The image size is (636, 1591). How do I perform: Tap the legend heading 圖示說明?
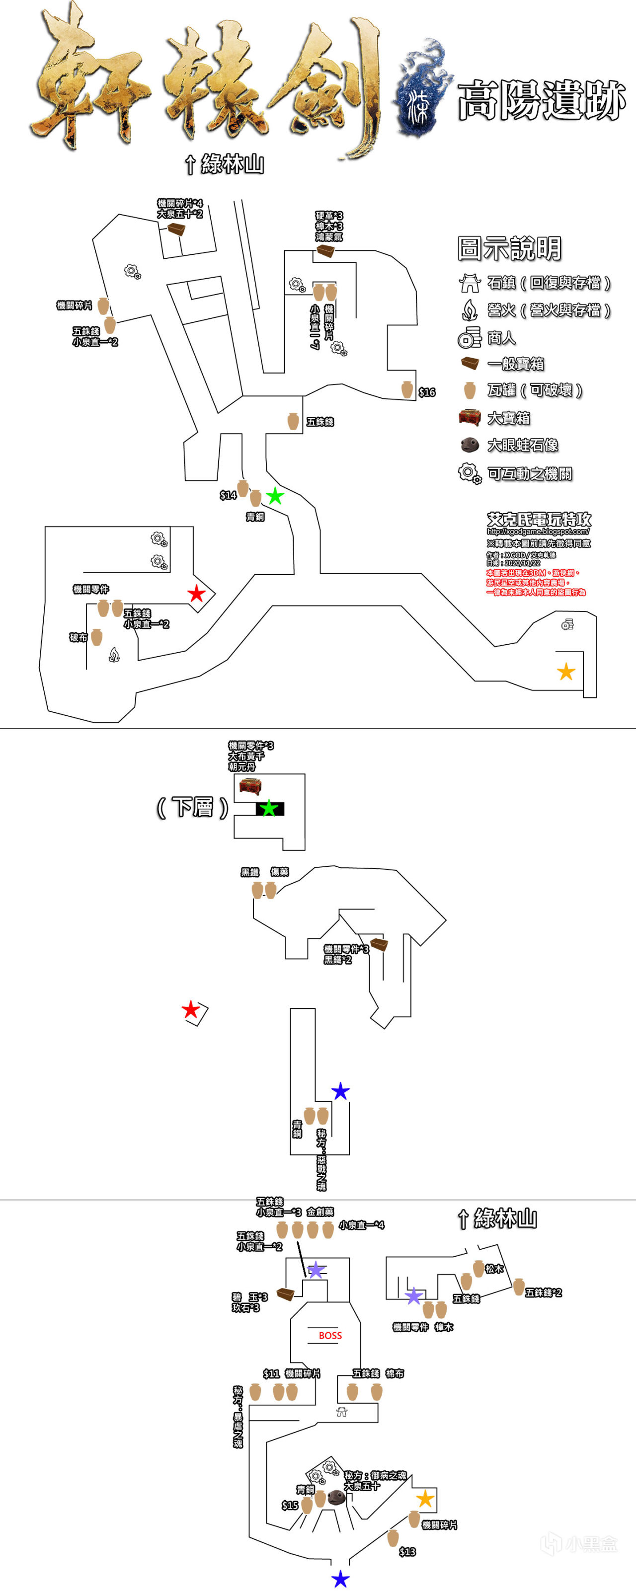coord(509,248)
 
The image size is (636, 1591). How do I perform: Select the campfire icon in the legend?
coord(470,309)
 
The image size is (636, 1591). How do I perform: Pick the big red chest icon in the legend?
coord(470,418)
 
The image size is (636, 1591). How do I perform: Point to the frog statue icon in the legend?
coord(470,445)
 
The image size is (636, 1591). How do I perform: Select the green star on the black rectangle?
coord(269,809)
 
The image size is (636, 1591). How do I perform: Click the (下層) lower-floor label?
coord(193,807)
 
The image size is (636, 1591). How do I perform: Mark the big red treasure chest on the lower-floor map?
coord(250,786)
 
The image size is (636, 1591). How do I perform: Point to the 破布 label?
coord(79,637)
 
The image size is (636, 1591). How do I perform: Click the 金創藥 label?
coord(320,1212)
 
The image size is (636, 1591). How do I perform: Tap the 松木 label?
coord(494,1269)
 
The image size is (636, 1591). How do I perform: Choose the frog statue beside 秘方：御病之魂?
coord(335,1497)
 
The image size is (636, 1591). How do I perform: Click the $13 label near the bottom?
coord(407,1551)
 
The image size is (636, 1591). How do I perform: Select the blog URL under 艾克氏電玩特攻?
coord(538,531)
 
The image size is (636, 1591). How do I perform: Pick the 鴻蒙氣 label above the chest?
coord(329,236)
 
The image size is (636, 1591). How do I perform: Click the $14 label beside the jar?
coord(228,495)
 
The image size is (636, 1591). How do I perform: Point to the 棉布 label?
coord(395,1373)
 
